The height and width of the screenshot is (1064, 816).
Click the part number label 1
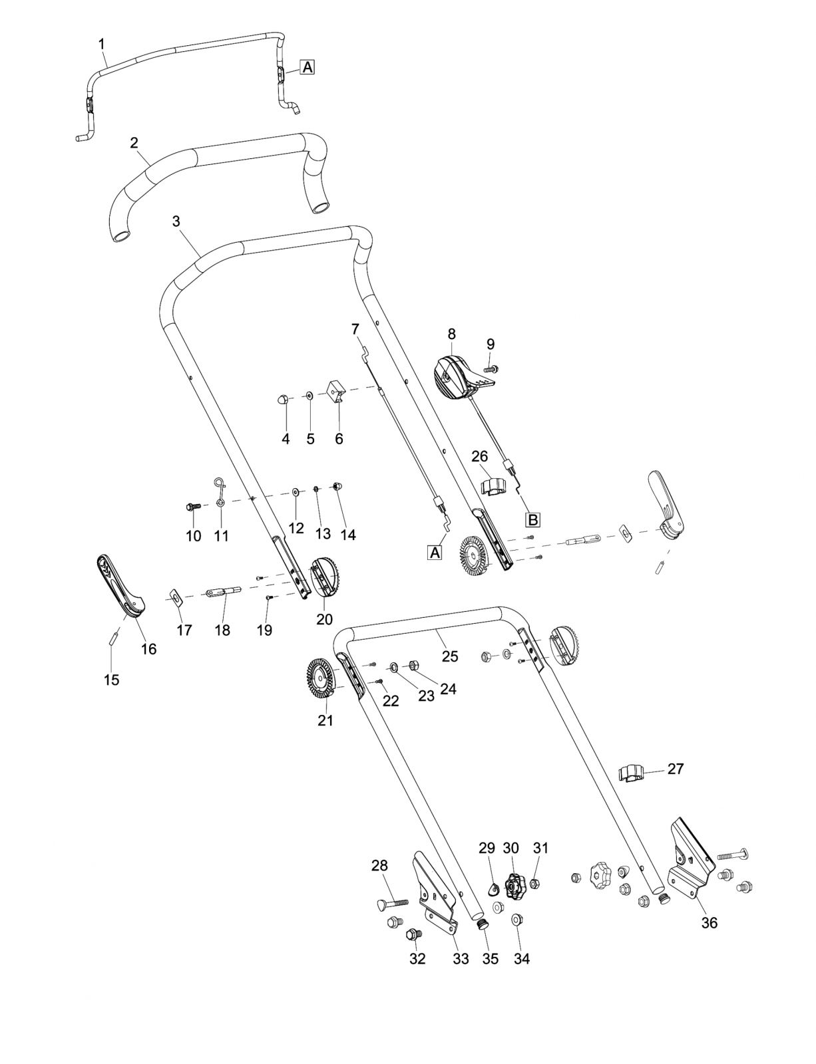point(101,45)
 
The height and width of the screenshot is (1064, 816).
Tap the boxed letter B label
point(532,519)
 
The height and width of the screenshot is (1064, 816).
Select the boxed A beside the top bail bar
point(307,67)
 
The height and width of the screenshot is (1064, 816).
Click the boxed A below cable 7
point(435,553)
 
